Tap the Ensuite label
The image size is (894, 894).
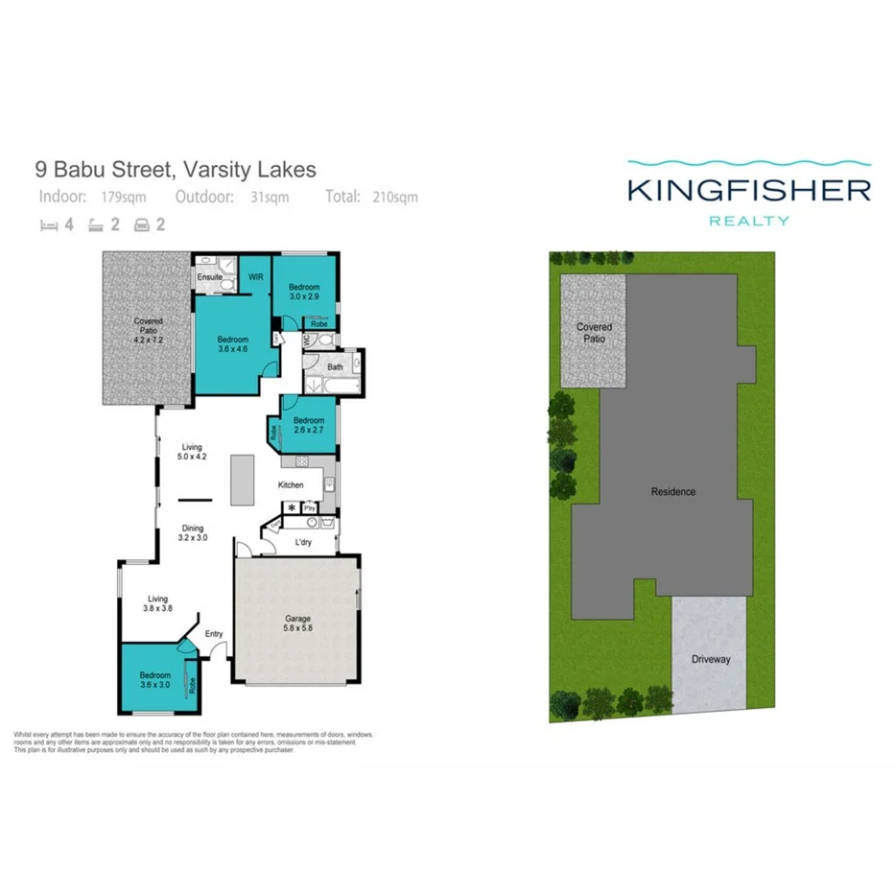click(x=210, y=277)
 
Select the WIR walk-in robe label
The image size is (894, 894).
click(x=255, y=277)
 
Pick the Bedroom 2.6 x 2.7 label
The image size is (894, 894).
click(x=309, y=426)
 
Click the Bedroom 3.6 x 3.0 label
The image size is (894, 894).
click(x=154, y=679)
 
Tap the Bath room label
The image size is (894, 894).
click(x=335, y=366)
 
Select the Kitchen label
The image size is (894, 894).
click(x=291, y=485)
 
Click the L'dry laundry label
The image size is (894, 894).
click(x=303, y=543)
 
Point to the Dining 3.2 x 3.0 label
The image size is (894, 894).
click(x=194, y=533)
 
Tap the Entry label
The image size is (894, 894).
click(x=213, y=634)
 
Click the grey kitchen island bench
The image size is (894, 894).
click(x=241, y=480)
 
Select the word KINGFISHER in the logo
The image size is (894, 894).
click(x=748, y=189)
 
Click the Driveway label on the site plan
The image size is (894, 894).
click(x=711, y=660)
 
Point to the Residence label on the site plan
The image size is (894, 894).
click(x=673, y=492)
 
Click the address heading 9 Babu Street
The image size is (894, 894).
click(x=175, y=171)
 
